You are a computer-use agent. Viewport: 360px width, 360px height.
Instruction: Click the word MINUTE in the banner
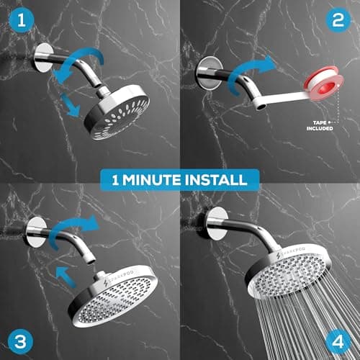tap(161, 179)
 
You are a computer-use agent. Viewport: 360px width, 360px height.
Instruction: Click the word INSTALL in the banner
tap(217, 179)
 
